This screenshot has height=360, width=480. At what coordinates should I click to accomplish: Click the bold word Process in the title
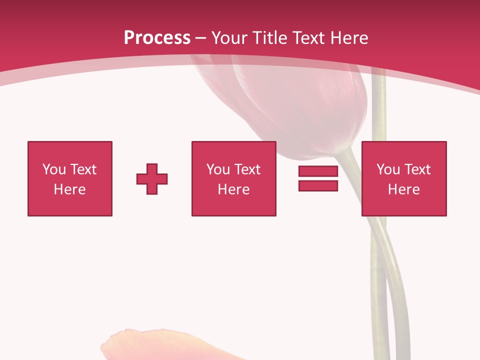pyautogui.click(x=157, y=37)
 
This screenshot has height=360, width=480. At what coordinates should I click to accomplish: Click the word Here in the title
pyautogui.click(x=349, y=38)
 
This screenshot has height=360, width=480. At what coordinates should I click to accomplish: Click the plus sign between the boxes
pyautogui.click(x=152, y=178)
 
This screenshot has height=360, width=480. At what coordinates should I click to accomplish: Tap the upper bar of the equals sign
pyautogui.click(x=318, y=171)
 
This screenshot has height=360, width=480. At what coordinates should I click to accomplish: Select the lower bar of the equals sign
pyautogui.click(x=318, y=185)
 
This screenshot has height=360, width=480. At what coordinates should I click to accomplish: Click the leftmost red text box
pyautogui.click(x=70, y=178)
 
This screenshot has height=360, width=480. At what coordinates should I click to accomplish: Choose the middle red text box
pyautogui.click(x=233, y=178)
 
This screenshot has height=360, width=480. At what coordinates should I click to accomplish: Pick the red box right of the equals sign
pyautogui.click(x=403, y=178)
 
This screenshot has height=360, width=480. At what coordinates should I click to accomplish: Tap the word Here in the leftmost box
pyautogui.click(x=70, y=189)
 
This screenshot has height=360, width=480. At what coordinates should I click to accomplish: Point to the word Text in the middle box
pyautogui.click(x=247, y=169)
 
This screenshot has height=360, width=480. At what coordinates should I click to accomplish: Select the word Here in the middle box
pyautogui.click(x=233, y=189)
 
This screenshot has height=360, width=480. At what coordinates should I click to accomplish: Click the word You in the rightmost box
pyautogui.click(x=388, y=169)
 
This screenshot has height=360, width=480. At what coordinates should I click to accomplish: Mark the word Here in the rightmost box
pyautogui.click(x=403, y=189)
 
